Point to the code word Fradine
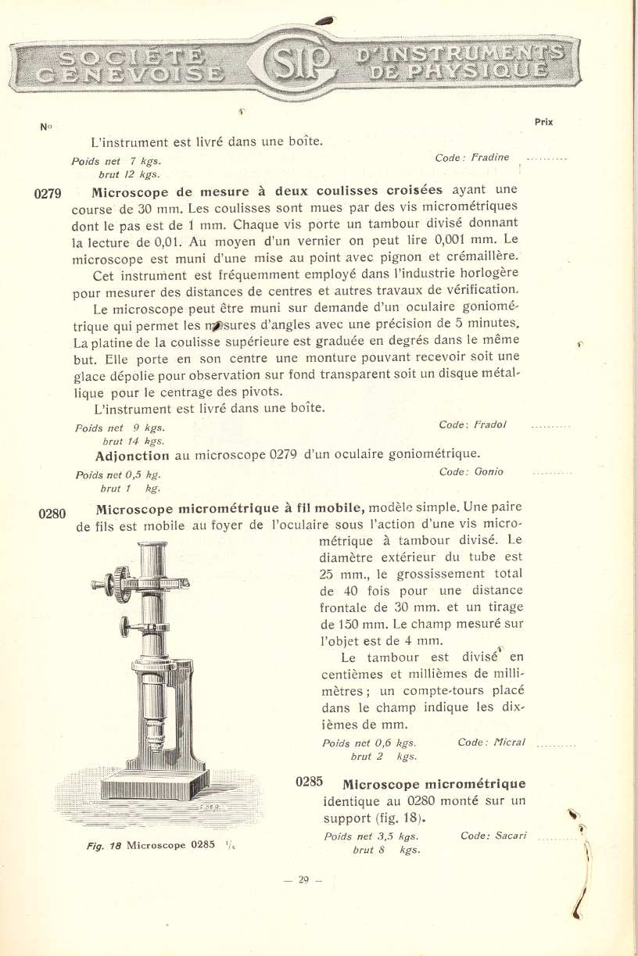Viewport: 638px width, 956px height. pos(489,157)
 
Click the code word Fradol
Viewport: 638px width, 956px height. pos(489,424)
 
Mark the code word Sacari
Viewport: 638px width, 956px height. pos(511,836)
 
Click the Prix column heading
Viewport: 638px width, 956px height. pos(544,122)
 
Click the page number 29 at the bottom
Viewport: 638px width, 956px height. pos(303,879)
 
